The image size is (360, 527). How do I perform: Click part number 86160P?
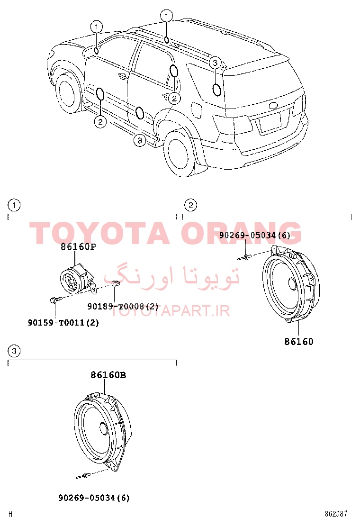(78, 247)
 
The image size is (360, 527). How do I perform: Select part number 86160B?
(108, 375)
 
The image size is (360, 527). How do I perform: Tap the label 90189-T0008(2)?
(123, 306)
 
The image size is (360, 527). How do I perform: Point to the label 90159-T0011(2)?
(63, 323)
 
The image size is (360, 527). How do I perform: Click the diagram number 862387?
(336, 514)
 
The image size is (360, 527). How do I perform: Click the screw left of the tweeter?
(56, 299)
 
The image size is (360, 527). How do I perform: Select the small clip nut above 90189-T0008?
(115, 284)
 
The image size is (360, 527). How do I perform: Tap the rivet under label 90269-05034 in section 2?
(245, 258)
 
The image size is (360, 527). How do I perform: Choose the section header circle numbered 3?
(14, 351)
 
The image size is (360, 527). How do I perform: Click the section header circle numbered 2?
(191, 205)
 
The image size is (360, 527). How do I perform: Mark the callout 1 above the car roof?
(167, 16)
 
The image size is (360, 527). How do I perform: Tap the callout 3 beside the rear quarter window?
(215, 63)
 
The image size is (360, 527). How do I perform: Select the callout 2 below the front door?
(100, 121)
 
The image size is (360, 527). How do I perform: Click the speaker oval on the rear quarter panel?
(217, 90)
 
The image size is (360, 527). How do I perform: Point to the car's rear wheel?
(180, 153)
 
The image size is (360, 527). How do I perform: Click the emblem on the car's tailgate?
(274, 105)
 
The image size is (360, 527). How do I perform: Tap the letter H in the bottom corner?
(11, 514)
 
